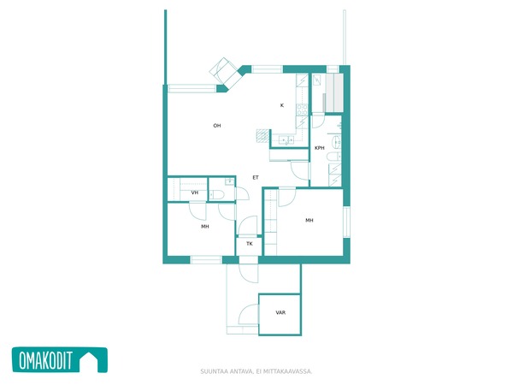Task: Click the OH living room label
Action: click(x=217, y=126)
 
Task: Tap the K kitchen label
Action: click(x=282, y=105)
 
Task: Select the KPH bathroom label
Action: click(x=319, y=148)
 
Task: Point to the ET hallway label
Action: click(x=256, y=177)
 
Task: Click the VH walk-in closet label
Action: click(x=195, y=192)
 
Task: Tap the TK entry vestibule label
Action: click(x=250, y=244)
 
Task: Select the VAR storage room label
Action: click(x=280, y=312)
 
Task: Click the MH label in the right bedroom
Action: click(x=310, y=221)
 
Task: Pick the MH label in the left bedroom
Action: click(x=205, y=226)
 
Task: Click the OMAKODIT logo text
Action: click(x=45, y=360)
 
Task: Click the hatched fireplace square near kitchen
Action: click(x=262, y=136)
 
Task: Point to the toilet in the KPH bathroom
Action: click(x=334, y=157)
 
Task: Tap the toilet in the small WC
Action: click(x=216, y=195)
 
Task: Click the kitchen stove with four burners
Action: click(x=302, y=110)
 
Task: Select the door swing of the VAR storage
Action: click(x=248, y=314)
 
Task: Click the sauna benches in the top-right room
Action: click(x=333, y=92)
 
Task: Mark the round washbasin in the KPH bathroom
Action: click(x=336, y=142)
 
